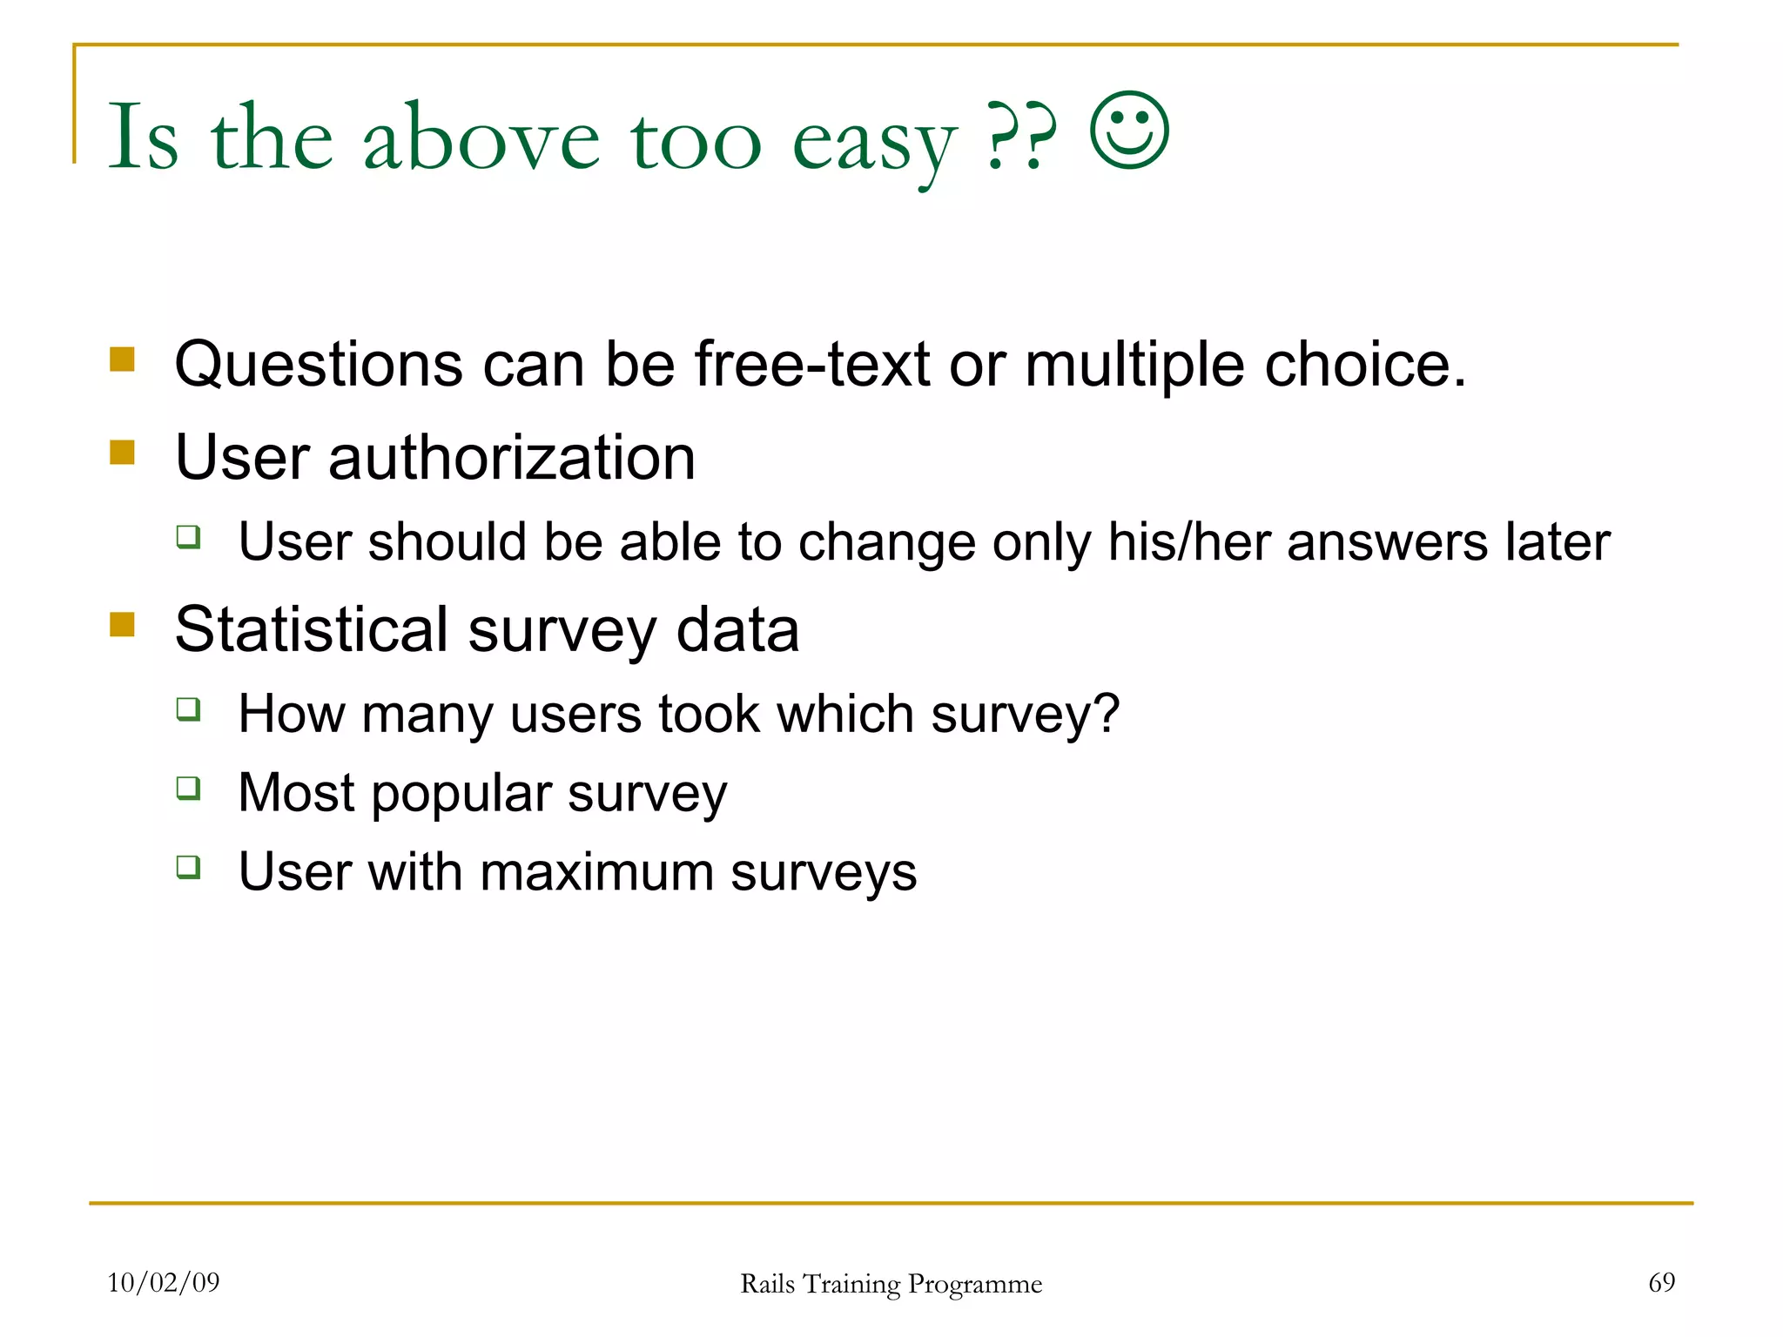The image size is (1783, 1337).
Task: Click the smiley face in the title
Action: pyautogui.click(x=1129, y=131)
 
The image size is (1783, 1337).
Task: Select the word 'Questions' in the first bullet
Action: pyautogui.click(x=319, y=365)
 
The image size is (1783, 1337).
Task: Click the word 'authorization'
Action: pyautogui.click(x=512, y=458)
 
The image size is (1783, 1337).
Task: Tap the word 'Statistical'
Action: pyautogui.click(x=311, y=629)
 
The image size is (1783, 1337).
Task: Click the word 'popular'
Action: pyautogui.click(x=461, y=795)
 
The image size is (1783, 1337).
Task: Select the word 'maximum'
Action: pyautogui.click(x=596, y=872)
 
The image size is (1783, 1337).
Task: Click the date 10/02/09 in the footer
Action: pyautogui.click(x=164, y=1282)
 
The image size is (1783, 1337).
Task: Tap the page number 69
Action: pyautogui.click(x=1661, y=1282)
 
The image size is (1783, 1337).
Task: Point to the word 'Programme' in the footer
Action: pyautogui.click(x=975, y=1285)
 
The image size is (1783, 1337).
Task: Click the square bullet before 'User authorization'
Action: pyautogui.click(x=123, y=453)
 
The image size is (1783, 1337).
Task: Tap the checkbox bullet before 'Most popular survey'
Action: pyautogui.click(x=189, y=789)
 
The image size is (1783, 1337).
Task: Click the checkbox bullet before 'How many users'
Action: pyautogui.click(x=189, y=709)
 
